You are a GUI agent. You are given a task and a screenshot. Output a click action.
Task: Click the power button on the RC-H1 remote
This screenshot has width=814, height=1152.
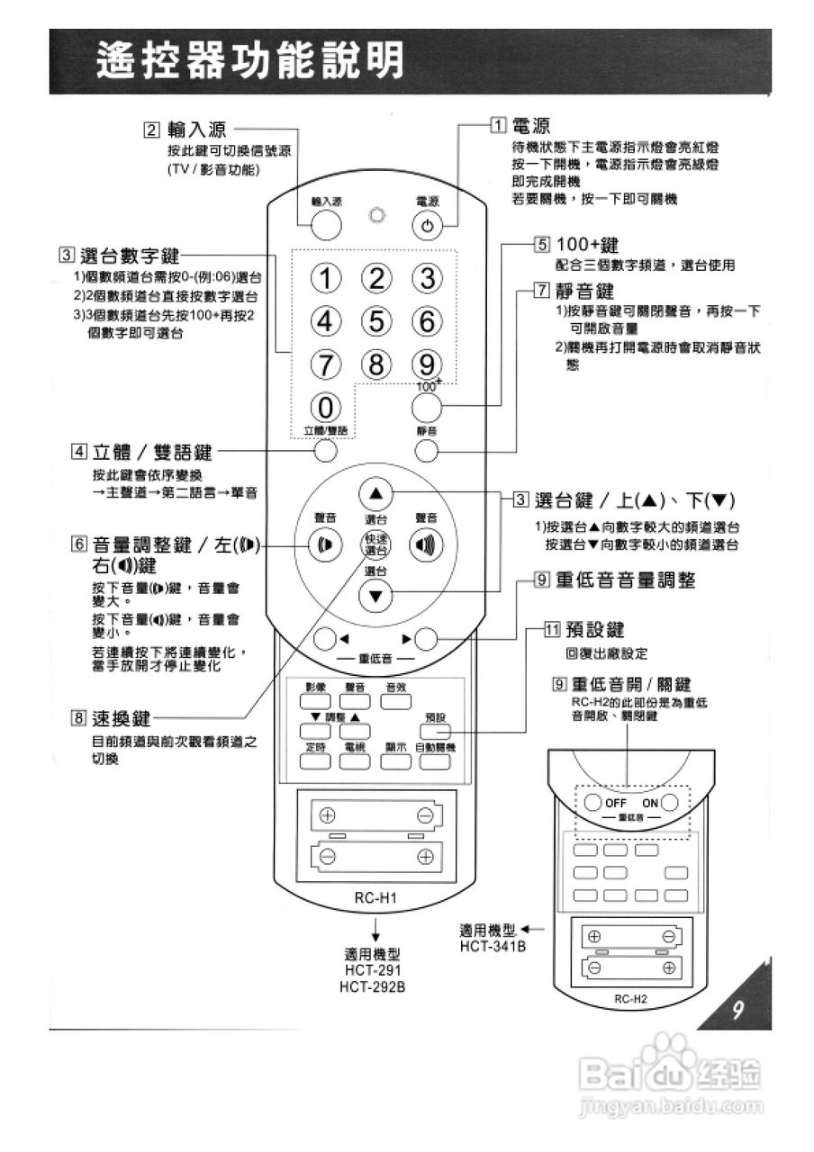pyautogui.click(x=428, y=225)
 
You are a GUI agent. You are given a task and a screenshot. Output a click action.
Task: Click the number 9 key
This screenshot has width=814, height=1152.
pyautogui.click(x=428, y=364)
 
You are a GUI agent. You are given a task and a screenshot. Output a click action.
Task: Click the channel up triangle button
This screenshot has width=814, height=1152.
pyautogui.click(x=376, y=492)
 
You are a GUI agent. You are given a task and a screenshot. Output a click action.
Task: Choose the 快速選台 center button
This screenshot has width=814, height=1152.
pyautogui.click(x=376, y=544)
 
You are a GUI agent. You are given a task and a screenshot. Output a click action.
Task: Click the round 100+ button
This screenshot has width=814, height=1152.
pyautogui.click(x=428, y=409)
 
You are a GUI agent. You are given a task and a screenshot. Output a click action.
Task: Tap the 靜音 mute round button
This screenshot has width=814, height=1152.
pyautogui.click(x=428, y=449)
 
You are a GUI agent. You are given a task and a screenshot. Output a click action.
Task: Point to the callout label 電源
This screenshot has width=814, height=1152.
pyautogui.click(x=531, y=125)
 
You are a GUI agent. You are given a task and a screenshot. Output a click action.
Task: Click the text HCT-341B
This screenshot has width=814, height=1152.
pyautogui.click(x=493, y=946)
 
